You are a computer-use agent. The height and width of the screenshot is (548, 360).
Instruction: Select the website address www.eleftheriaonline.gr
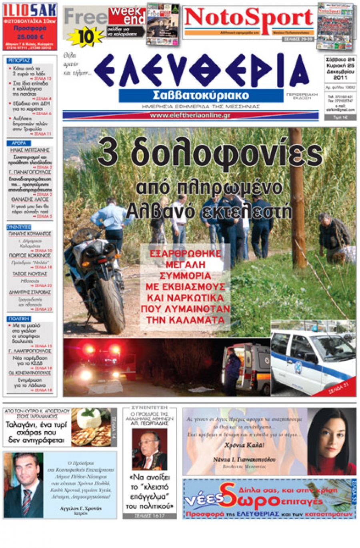tap(190, 115)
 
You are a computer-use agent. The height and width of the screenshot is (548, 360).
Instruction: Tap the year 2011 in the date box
tap(340, 77)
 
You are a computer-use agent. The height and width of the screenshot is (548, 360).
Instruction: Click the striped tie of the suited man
tap(26, 500)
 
